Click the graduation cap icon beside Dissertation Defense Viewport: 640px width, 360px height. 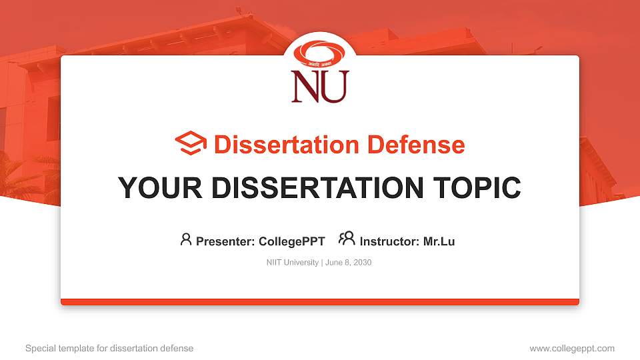coord(191,144)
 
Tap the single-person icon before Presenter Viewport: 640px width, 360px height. coord(186,240)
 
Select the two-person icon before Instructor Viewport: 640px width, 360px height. coord(347,239)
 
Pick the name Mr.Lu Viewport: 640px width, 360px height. coord(439,241)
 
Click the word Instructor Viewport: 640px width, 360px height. coord(389,241)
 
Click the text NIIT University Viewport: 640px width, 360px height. coord(292,263)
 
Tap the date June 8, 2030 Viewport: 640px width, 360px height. coord(349,263)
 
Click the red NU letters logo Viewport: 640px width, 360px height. coord(319,87)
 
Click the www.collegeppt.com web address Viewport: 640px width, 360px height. coord(572,348)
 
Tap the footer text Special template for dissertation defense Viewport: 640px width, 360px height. coord(109,348)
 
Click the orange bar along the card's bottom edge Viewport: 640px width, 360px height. coord(320,302)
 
